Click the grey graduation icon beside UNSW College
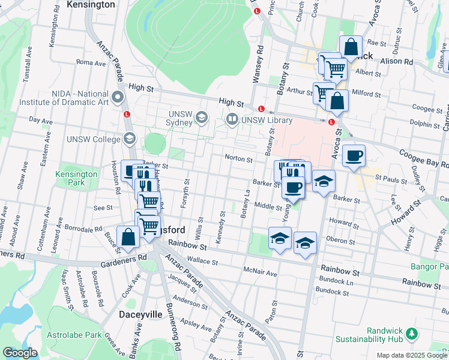click(x=129, y=140)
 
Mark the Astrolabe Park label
click(x=76, y=335)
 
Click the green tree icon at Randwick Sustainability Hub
click(x=412, y=332)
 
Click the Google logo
click(x=20, y=353)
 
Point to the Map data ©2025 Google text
click(x=412, y=355)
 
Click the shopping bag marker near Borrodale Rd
click(x=128, y=237)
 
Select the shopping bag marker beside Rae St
click(x=350, y=47)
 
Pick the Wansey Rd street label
click(x=260, y=64)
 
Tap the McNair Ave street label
click(x=260, y=273)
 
